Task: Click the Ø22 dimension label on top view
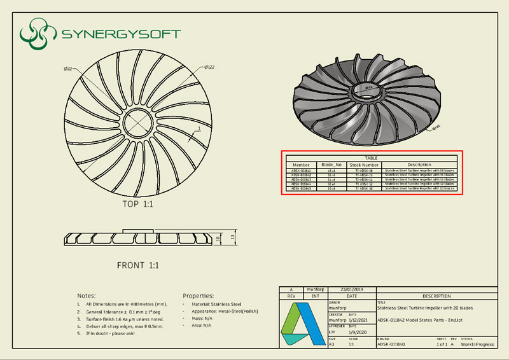68,68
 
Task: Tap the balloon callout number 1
199,129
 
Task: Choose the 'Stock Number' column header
364,165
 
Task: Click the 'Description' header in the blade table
419,165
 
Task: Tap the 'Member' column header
301,165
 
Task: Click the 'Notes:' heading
87,296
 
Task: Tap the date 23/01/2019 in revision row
352,289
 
